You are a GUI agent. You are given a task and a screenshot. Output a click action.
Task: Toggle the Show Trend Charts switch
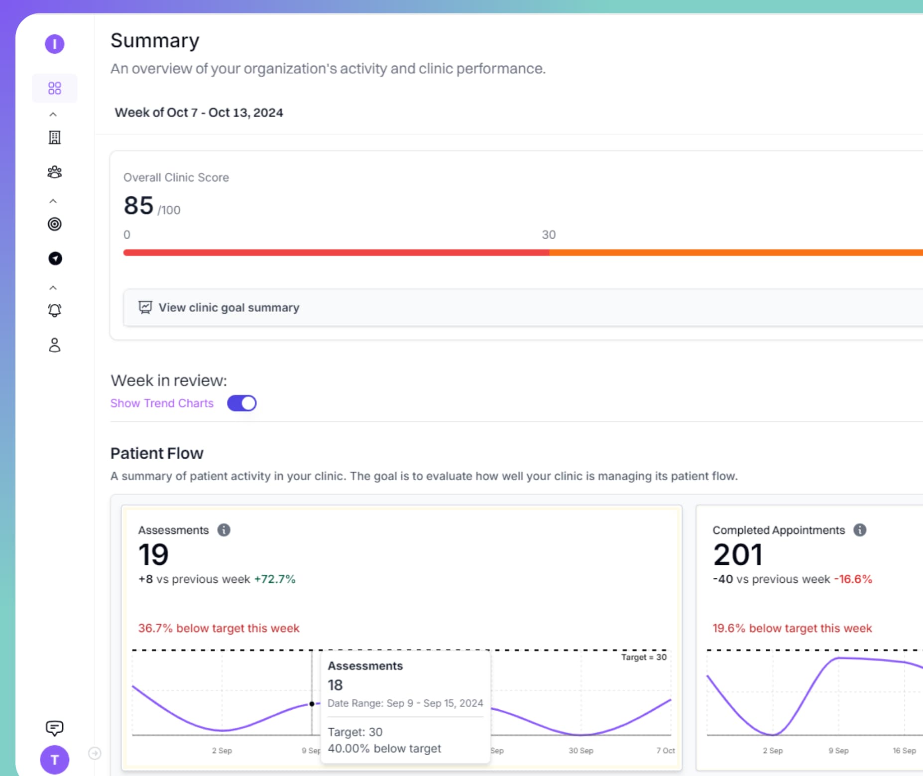[242, 403]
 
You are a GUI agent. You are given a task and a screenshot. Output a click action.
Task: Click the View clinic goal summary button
[229, 307]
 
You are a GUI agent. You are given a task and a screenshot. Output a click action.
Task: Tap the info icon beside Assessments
[224, 530]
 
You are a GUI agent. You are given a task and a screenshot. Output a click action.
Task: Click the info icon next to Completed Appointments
[860, 530]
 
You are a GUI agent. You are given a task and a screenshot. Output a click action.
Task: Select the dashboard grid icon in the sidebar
[55, 88]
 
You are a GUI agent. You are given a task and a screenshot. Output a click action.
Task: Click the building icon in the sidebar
[55, 137]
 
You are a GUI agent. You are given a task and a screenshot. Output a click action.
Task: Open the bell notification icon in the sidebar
[55, 310]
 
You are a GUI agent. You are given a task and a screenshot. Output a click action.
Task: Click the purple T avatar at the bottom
[55, 760]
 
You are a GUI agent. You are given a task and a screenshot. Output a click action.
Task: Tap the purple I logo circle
[55, 44]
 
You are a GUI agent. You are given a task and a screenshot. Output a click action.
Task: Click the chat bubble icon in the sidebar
[55, 728]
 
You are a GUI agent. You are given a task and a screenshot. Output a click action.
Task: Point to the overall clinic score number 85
[138, 206]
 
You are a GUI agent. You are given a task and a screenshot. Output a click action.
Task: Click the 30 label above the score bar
[549, 235]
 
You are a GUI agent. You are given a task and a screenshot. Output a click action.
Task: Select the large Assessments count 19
[153, 555]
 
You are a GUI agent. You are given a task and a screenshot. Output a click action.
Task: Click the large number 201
[737, 555]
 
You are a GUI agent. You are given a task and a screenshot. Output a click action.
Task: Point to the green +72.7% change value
[275, 579]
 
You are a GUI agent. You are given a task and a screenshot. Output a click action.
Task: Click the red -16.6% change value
[853, 579]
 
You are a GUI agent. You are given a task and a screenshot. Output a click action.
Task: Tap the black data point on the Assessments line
[312, 704]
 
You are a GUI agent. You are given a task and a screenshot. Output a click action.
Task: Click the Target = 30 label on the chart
[644, 657]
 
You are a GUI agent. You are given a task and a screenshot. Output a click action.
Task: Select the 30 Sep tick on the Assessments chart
[581, 751]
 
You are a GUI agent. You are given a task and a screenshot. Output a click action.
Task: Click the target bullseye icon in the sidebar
[55, 224]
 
